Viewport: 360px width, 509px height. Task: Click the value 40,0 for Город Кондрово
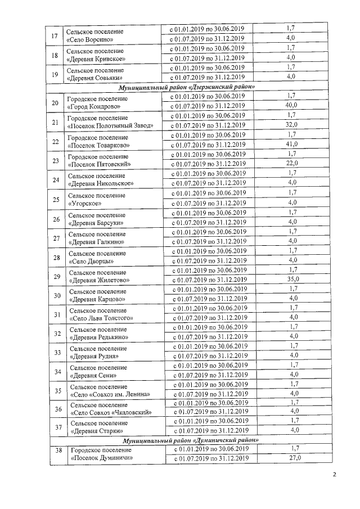click(x=291, y=105)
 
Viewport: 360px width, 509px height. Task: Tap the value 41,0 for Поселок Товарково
click(x=291, y=144)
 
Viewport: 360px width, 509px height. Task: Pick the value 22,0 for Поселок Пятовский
click(x=291, y=163)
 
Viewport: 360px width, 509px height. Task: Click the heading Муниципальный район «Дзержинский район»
click(x=188, y=87)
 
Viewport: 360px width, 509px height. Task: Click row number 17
click(x=55, y=36)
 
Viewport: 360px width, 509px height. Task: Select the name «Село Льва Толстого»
click(x=101, y=318)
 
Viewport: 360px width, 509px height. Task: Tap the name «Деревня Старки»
click(x=97, y=431)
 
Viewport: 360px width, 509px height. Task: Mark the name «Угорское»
click(x=84, y=203)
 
